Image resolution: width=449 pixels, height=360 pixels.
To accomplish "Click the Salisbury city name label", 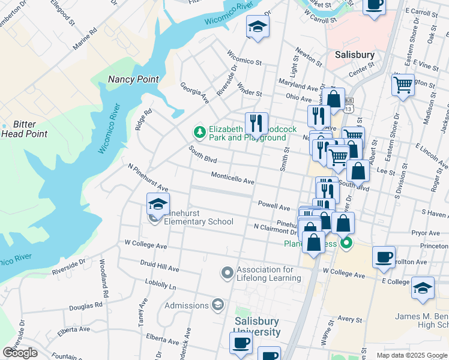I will point(354,55).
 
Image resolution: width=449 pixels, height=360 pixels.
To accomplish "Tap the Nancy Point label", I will point(133,79).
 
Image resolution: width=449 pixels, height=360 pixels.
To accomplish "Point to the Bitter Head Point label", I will point(24,130).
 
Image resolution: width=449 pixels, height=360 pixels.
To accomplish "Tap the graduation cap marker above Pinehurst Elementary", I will point(158,205).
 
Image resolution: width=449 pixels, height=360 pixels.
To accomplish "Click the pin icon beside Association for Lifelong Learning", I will point(227,274).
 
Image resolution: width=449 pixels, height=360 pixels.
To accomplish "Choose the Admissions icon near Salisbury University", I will point(217,305).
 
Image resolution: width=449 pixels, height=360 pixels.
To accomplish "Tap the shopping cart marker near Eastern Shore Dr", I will point(403,84).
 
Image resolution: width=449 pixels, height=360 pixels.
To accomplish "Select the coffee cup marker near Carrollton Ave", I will point(384,257).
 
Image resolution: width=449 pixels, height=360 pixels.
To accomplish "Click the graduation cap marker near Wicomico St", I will point(258,26).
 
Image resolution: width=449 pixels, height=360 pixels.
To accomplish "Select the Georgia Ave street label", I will point(194,92).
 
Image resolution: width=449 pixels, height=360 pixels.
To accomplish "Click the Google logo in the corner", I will point(20,353).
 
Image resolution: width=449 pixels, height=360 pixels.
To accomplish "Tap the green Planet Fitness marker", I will point(346,244).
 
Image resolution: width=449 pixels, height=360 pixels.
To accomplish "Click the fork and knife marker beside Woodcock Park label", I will point(256,123).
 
